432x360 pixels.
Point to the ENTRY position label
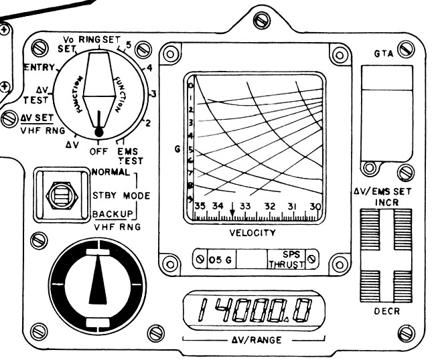[39, 68]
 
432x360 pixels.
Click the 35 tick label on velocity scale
[200, 206]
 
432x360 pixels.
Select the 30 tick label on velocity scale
[315, 206]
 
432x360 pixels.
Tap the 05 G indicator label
[219, 258]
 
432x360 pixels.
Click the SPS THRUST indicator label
[291, 258]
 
